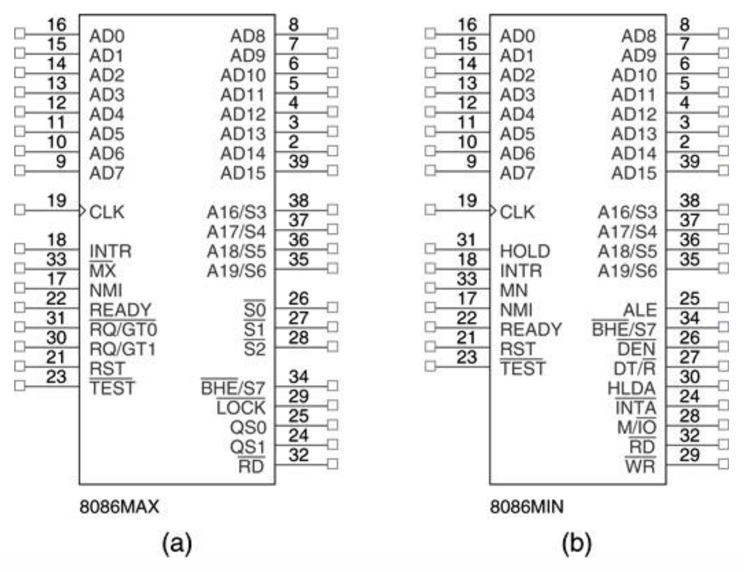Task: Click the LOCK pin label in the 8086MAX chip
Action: coord(241,408)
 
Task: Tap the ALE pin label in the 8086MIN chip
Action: coord(640,310)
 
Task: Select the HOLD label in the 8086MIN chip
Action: coord(525,251)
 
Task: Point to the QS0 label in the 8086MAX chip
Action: coord(248,427)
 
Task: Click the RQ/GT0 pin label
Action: coord(123,329)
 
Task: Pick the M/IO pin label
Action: coord(636,427)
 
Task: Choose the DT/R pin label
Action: coord(635,369)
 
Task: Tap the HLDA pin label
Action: coord(631,388)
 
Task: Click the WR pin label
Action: coord(640,467)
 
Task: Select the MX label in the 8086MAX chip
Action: coord(103,271)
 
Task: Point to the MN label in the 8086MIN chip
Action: coord(514,291)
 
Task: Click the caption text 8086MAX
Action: coord(119,507)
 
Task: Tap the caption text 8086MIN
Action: coord(527,507)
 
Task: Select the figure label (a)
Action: coord(177,543)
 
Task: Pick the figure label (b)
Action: coord(577,543)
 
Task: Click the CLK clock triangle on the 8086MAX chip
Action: coord(83,210)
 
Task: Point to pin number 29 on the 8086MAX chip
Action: coord(299,396)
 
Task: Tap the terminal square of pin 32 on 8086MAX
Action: coord(333,464)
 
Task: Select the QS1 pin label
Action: coord(248,447)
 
